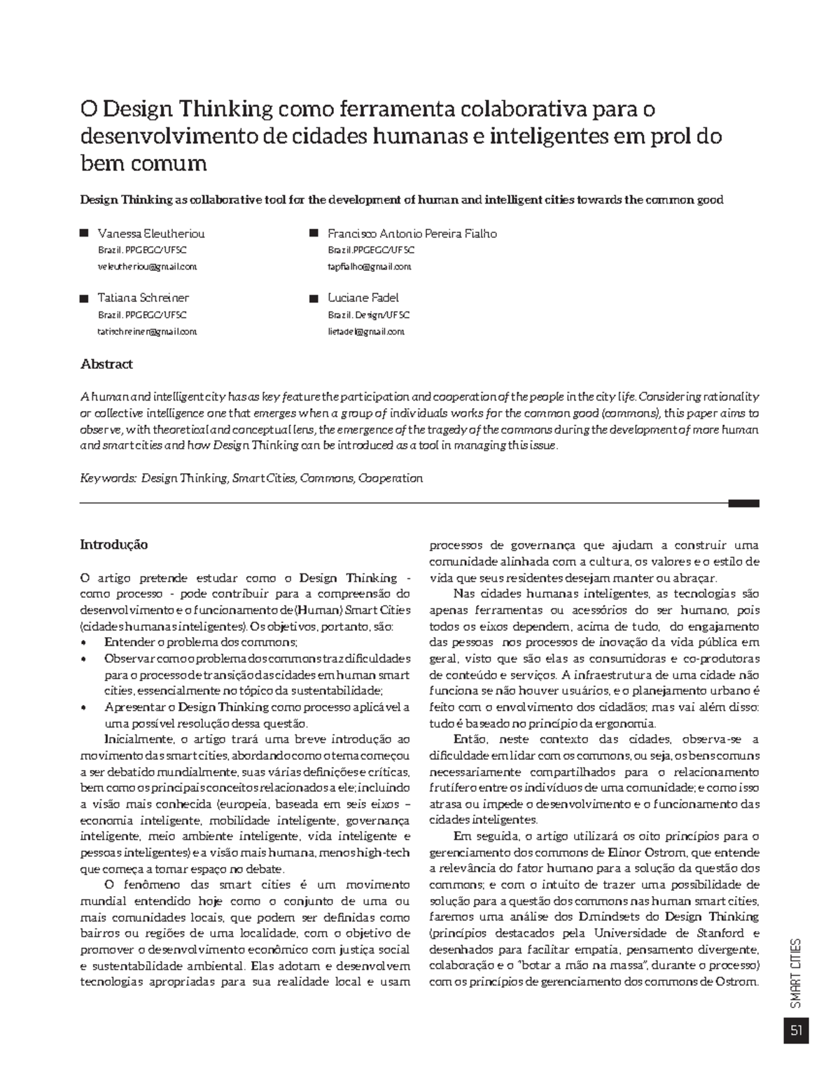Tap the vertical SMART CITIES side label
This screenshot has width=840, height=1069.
click(796, 973)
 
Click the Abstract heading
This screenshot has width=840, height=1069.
click(106, 364)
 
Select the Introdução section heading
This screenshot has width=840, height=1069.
click(113, 545)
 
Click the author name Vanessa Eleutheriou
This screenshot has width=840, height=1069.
click(151, 234)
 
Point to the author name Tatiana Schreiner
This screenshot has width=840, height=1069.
click(143, 298)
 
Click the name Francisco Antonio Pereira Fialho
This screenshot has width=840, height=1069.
click(412, 234)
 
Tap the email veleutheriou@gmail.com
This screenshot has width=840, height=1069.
click(147, 267)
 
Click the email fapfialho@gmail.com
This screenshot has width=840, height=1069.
click(370, 267)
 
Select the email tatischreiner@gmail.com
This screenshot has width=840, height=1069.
click(147, 331)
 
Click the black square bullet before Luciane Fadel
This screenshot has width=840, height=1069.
click(314, 298)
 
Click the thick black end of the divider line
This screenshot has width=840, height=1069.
click(743, 503)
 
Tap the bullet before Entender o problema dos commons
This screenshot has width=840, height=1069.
click(85, 643)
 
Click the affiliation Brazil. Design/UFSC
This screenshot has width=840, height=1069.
click(369, 315)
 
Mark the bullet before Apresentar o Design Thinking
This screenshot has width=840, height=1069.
click(85, 708)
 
